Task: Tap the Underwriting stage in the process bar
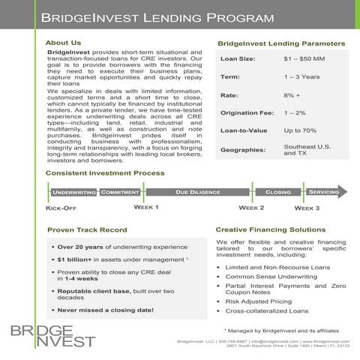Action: (x=73, y=193)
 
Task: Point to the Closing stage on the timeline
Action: (x=278, y=192)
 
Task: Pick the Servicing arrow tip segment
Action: (x=325, y=192)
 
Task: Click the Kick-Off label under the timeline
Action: (x=61, y=208)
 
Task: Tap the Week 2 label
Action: (x=250, y=208)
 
